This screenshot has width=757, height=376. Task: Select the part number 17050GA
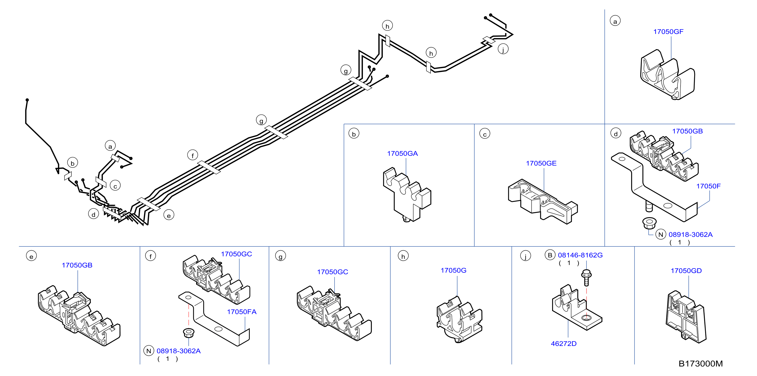[402, 154]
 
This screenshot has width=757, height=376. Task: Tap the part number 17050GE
[541, 163]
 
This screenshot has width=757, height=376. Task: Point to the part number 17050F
[708, 186]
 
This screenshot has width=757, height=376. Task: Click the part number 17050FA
[242, 312]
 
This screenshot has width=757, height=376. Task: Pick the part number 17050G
[453, 270]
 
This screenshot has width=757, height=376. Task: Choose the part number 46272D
[564, 343]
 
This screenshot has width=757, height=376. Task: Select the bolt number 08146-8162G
[580, 255]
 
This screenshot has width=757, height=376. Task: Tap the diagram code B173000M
[701, 364]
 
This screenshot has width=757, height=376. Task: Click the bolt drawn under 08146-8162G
[586, 278]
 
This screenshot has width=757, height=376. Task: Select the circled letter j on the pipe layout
[503, 49]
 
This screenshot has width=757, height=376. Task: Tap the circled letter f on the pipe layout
[192, 155]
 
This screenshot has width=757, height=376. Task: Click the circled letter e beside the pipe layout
[169, 215]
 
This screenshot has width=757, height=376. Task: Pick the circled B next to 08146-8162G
[550, 255]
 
